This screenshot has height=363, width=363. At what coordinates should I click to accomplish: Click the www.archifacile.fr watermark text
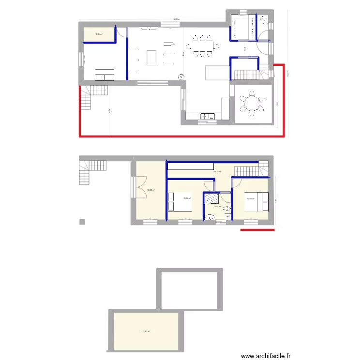[267, 356]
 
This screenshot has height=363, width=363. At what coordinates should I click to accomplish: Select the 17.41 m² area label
[145, 332]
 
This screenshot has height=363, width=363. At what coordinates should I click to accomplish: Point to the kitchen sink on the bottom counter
[208, 116]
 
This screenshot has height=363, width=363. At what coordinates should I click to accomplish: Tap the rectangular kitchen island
[151, 58]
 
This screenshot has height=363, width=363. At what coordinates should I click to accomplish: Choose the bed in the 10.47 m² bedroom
[257, 201]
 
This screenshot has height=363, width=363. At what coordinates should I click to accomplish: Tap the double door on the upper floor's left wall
[137, 185]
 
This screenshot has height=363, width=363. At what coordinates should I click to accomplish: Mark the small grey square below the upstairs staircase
[82, 222]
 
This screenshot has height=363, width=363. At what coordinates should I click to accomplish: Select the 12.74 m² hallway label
[218, 172]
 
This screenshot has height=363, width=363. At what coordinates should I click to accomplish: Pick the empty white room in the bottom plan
[189, 289]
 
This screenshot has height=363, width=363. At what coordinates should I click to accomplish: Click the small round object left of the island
[181, 76]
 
